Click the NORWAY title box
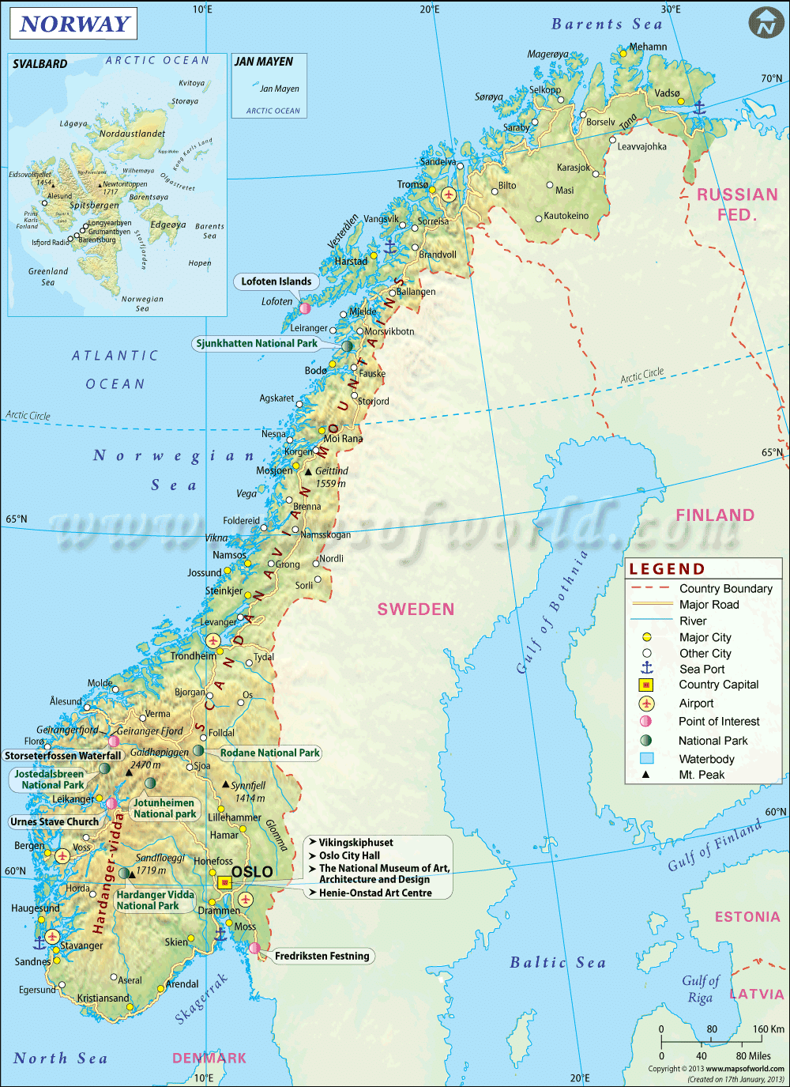[x=73, y=24]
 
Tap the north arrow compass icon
[x=766, y=23]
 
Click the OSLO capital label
[x=252, y=872]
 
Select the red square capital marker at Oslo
[x=224, y=882]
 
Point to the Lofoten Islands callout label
[x=276, y=281]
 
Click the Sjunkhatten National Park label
[x=257, y=344]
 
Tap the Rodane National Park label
[x=269, y=753]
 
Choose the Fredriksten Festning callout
[x=322, y=957]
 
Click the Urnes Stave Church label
[x=55, y=822]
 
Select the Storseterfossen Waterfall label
[x=63, y=756]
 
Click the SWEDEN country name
[x=416, y=610]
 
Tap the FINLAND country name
[x=715, y=515]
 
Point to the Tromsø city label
[x=412, y=185]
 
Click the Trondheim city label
[x=193, y=656]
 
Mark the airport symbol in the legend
[x=646, y=704]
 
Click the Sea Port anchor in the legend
[x=646, y=669]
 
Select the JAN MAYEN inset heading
[x=264, y=62]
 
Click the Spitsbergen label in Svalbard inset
[x=94, y=206]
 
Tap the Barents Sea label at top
[x=607, y=25]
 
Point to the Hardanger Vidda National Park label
[x=155, y=900]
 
